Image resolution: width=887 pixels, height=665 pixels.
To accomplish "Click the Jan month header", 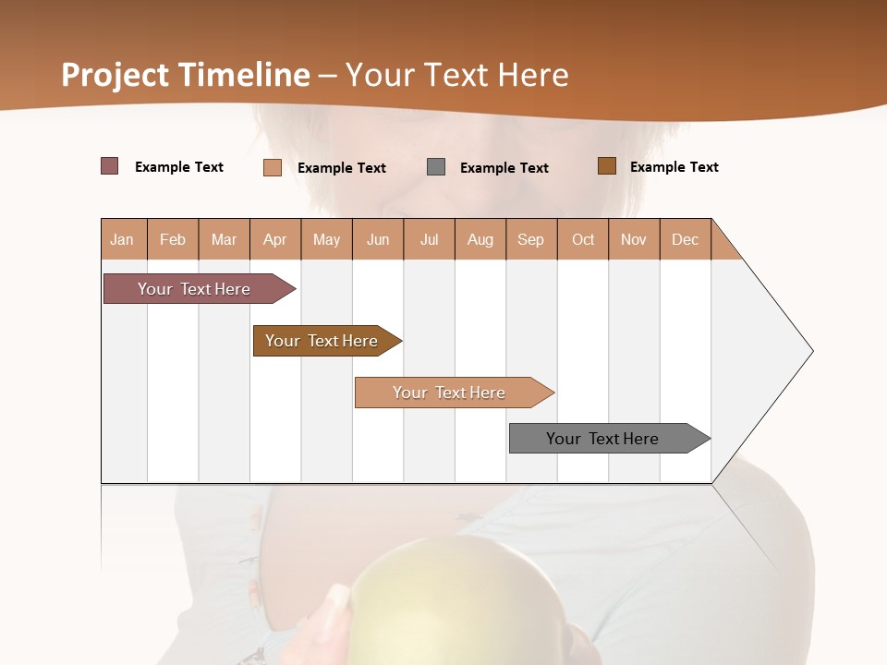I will [x=123, y=239].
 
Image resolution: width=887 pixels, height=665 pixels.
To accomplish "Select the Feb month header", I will [x=173, y=239].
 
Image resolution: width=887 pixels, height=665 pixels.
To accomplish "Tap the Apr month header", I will [x=275, y=239].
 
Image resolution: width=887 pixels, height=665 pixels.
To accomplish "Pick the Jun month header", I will [x=378, y=239].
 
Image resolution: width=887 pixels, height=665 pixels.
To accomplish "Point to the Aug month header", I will [x=480, y=239].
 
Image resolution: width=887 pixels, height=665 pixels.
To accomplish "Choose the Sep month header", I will [x=531, y=239].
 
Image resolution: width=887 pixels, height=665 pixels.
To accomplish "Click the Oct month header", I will [x=583, y=239].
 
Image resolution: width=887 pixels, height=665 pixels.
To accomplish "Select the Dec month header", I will [x=686, y=239].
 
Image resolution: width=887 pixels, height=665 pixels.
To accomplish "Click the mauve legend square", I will [x=110, y=166].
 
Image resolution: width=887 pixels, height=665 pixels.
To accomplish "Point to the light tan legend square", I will [x=273, y=167].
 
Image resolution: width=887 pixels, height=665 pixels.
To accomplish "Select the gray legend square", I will [x=436, y=167].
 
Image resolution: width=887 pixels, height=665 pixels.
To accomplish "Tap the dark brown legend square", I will [x=607, y=166].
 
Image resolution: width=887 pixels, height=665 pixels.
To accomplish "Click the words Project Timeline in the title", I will [x=186, y=75].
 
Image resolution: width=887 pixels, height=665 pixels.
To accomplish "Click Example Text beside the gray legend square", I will [x=504, y=168].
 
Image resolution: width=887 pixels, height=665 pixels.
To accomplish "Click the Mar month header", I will [x=224, y=239].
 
